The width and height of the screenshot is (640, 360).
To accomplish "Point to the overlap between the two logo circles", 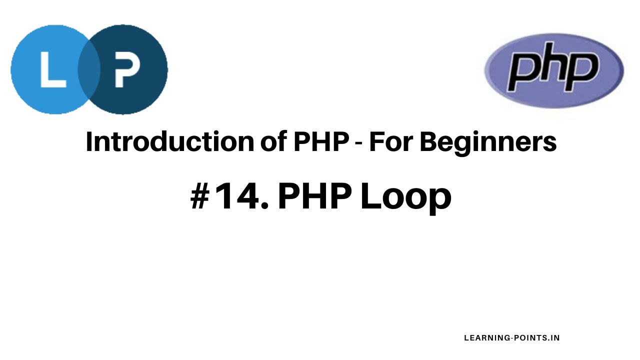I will (x=89, y=70).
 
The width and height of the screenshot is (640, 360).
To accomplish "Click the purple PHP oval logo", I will (x=554, y=70).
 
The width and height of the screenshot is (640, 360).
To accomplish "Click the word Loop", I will (x=405, y=197).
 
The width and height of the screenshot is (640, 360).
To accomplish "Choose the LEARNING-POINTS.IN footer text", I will (x=512, y=338).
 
